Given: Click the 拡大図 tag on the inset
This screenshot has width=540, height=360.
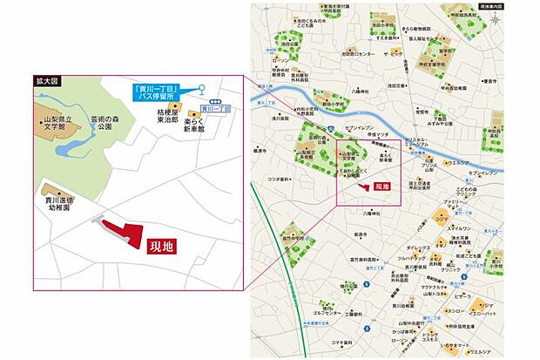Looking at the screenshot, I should pyautogui.click(x=44, y=81).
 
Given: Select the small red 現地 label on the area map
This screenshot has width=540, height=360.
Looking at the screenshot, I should pyautogui.click(x=381, y=187).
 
